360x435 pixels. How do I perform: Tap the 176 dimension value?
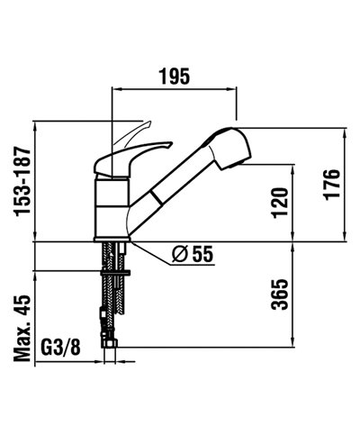pyautogui.click(x=331, y=186)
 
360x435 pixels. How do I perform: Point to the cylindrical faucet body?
pyautogui.click(x=112, y=207)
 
